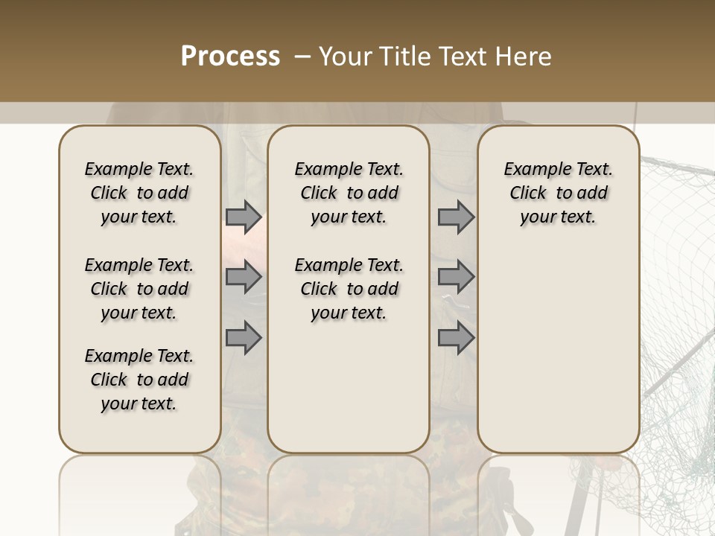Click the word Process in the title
tap(230, 57)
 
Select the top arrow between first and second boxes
tap(244, 217)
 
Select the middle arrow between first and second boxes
tap(244, 277)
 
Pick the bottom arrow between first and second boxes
tap(244, 337)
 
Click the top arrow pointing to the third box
tap(456, 217)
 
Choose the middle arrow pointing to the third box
tap(456, 277)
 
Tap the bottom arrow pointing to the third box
tap(456, 337)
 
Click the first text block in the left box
tap(139, 193)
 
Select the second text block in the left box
tap(139, 289)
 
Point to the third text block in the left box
tap(139, 380)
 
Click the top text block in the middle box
tap(349, 193)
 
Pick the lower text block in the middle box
tap(349, 289)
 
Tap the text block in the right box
tap(559, 193)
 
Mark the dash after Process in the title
tap(302, 57)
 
